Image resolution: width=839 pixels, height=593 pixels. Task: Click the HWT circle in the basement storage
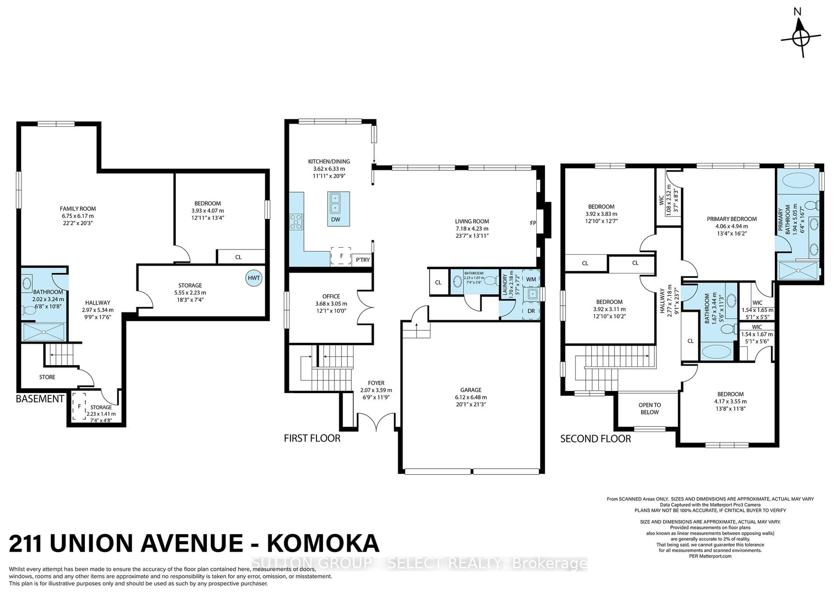click(254, 278)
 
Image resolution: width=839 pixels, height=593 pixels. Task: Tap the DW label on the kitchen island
click(335, 219)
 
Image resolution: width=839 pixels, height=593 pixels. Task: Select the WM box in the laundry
click(531, 279)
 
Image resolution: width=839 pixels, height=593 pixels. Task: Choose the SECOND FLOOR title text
click(596, 439)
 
